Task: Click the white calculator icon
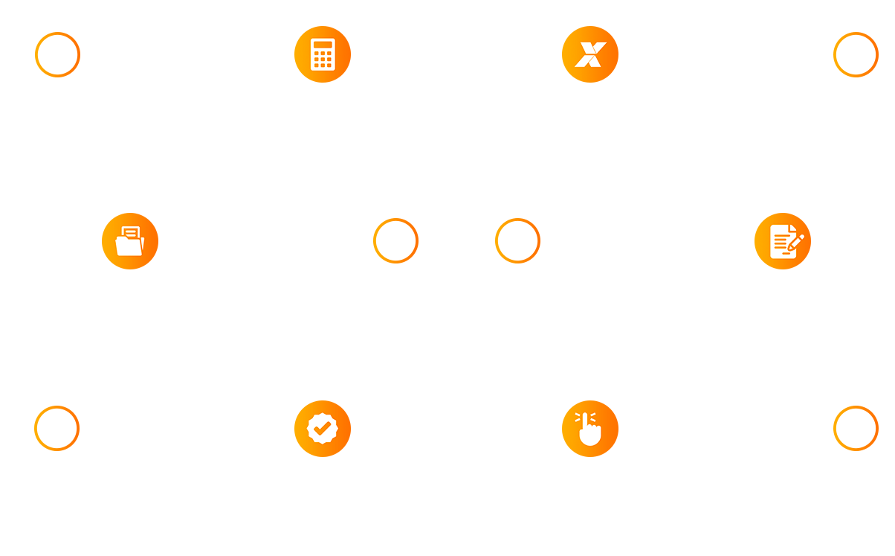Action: (323, 54)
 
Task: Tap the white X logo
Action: (590, 54)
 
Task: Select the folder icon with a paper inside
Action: (129, 241)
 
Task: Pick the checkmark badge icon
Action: (322, 428)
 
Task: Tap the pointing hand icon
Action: (589, 429)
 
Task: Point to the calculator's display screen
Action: (323, 45)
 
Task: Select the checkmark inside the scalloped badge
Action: (322, 428)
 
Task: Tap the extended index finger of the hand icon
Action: (585, 419)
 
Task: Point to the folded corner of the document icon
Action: (793, 229)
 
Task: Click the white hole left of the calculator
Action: (57, 54)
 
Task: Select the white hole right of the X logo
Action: (855, 54)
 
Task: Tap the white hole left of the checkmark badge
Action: (56, 427)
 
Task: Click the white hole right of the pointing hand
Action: (855, 428)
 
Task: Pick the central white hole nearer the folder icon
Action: (395, 240)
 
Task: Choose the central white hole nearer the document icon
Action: (518, 240)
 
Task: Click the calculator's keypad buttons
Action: (323, 59)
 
